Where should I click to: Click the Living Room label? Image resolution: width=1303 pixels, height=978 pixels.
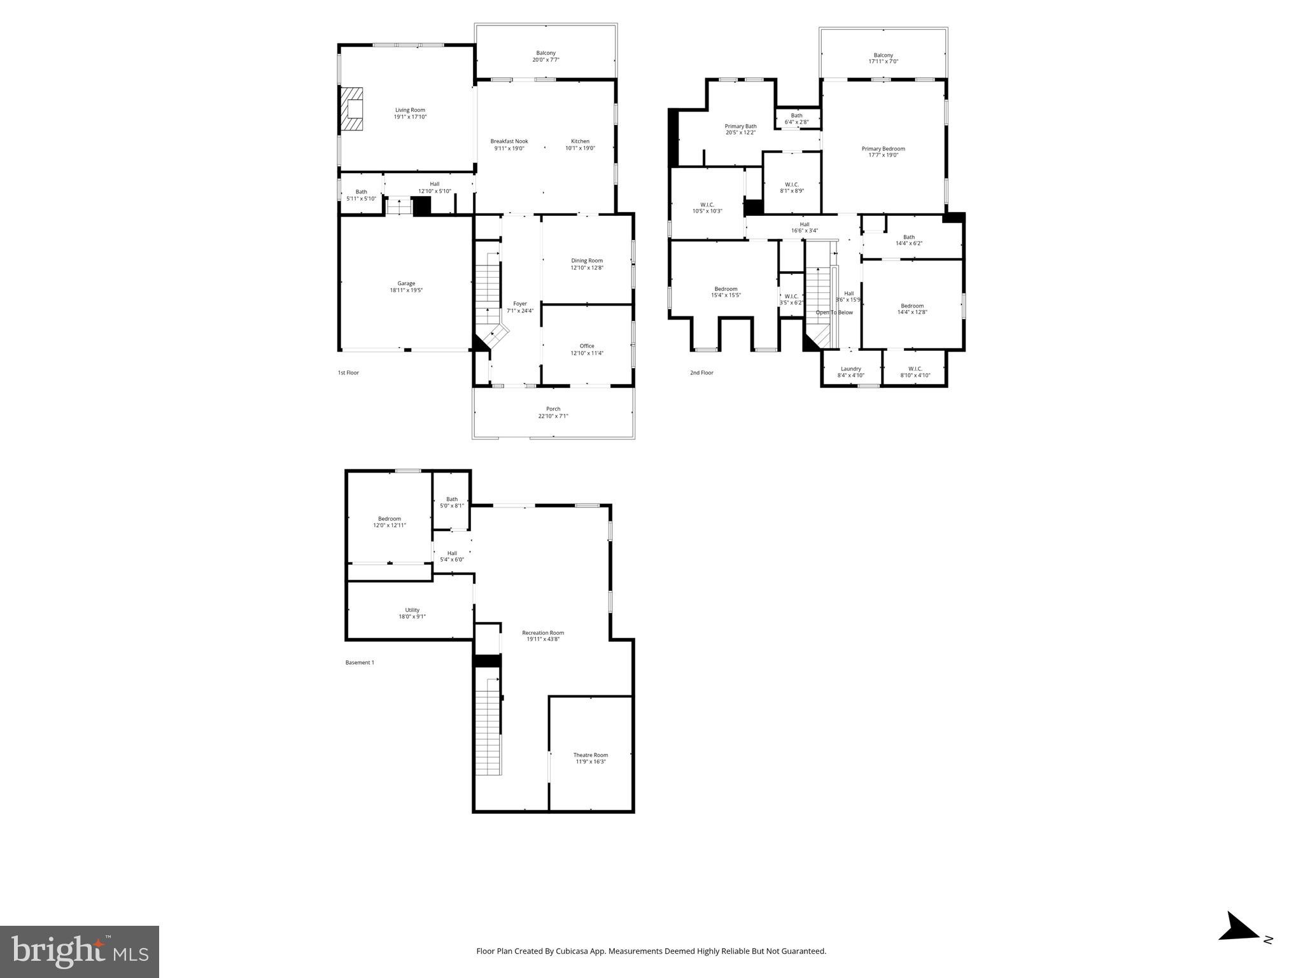pos(410,110)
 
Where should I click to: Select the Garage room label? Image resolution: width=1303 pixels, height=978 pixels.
pos(406,283)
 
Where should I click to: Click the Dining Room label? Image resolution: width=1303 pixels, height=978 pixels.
pos(586,260)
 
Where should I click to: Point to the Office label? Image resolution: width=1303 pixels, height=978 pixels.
pos(586,346)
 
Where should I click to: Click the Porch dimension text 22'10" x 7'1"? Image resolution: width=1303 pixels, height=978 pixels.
pos(553,416)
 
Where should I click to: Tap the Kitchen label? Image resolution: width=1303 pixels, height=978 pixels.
pos(580,141)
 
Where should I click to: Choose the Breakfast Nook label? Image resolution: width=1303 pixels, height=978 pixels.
pos(509,141)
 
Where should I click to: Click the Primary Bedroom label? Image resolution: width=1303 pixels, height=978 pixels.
pos(883,149)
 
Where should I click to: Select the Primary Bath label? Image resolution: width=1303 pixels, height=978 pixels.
pos(740,126)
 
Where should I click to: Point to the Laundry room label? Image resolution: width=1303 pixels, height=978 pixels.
pos(850,369)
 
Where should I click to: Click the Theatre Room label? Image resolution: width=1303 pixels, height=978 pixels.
pos(590,755)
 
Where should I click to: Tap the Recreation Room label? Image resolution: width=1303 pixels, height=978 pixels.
pos(543,633)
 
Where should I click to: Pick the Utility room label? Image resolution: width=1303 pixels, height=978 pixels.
pos(412,610)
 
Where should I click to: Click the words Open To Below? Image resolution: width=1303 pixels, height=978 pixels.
pos(834,313)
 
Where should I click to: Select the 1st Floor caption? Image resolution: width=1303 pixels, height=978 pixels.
pos(348,372)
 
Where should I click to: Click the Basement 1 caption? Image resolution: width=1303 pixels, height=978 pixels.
pos(360,662)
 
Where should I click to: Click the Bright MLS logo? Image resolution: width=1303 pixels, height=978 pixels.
pos(80,952)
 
